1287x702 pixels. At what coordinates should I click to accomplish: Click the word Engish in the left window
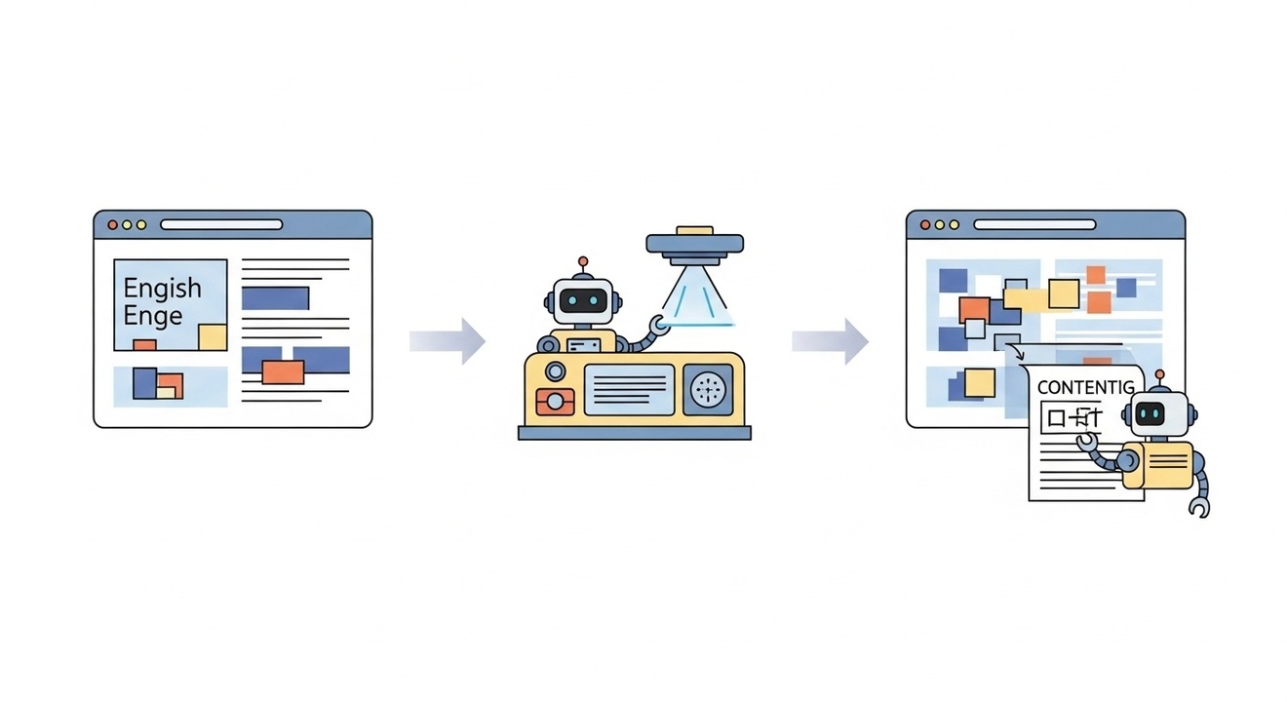[162, 289]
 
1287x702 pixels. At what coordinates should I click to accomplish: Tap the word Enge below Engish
[153, 316]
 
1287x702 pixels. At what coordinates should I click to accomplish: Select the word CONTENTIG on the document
[1086, 387]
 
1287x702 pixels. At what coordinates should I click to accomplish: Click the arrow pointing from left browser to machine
[448, 340]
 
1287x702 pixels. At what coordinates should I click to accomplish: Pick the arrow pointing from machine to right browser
[830, 340]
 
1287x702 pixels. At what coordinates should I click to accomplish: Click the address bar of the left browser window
[221, 224]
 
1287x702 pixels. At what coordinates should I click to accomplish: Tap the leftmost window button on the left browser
[113, 224]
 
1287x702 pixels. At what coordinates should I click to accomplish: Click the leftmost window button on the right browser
[926, 224]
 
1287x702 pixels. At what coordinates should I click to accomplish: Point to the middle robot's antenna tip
[583, 261]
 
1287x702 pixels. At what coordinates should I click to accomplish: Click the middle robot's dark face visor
[583, 300]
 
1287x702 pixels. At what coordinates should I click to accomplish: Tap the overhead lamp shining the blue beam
[694, 247]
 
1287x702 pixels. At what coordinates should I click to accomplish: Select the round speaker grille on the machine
[709, 389]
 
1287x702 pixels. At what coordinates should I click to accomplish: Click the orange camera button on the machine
[556, 401]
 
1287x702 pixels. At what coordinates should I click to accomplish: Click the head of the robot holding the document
[1156, 413]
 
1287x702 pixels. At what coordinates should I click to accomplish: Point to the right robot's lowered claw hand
[1199, 507]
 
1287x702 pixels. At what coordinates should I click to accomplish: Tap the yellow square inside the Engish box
[212, 337]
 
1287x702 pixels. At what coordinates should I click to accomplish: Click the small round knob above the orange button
[555, 370]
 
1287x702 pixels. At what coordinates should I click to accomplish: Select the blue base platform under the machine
[634, 433]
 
